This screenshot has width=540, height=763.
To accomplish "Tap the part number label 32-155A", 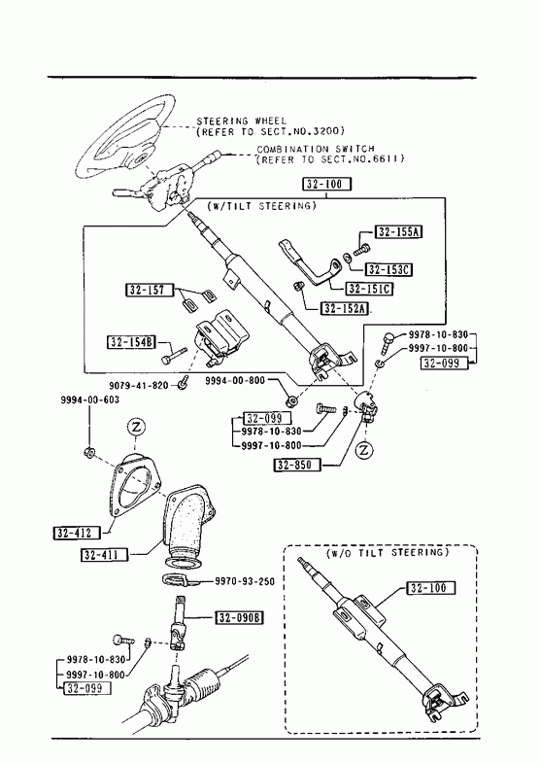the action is (x=398, y=232).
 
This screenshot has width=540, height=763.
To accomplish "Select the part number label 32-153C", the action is (x=388, y=269).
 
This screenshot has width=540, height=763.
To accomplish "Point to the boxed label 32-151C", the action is (x=370, y=289).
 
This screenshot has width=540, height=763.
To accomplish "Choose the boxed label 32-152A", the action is (x=345, y=308).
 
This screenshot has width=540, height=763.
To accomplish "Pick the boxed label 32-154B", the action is (x=131, y=342).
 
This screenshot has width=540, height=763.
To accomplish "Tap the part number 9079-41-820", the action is (x=139, y=386).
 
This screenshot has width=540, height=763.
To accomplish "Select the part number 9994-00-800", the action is (x=235, y=380).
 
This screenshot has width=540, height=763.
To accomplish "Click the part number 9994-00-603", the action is (x=90, y=400).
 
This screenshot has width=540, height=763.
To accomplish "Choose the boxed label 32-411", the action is (x=104, y=554).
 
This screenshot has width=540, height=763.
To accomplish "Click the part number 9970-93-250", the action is (x=245, y=581).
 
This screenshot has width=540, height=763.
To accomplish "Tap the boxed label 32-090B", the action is (x=240, y=618).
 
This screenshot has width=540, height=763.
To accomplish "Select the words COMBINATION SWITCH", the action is (x=316, y=149).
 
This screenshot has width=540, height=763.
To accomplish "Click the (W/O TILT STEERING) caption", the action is (x=388, y=553).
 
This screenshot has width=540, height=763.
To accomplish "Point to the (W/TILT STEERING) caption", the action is (x=261, y=206).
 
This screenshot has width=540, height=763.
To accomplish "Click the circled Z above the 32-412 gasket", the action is (x=136, y=428).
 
